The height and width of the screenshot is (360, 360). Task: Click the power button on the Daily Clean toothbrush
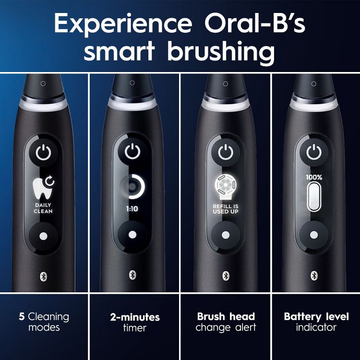coord(43,153)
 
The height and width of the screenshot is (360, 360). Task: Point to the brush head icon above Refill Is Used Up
coord(225,187)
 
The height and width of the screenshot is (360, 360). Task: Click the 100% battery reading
coord(314,177)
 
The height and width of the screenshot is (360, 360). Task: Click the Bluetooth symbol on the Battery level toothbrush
coord(314,275)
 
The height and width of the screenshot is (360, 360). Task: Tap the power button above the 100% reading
coord(314,153)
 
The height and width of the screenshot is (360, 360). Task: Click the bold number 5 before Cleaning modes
coord(22,317)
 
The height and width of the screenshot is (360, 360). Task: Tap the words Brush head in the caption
coord(226,317)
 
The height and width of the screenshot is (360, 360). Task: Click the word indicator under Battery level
coord(316,328)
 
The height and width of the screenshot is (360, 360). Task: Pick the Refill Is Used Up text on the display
coord(225,208)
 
